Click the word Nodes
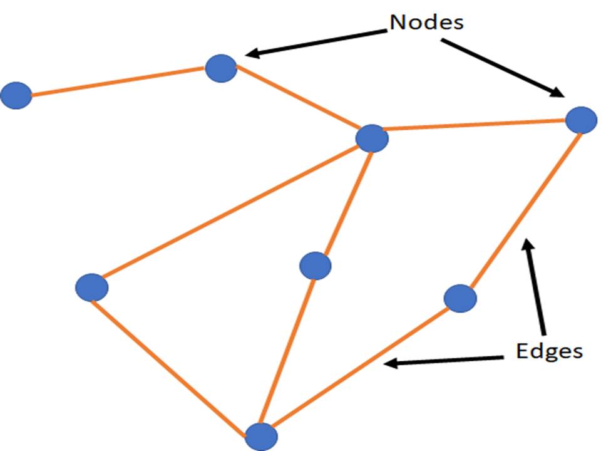click(x=426, y=23)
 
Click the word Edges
click(x=549, y=351)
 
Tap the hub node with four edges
click(x=371, y=138)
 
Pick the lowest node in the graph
click(x=260, y=435)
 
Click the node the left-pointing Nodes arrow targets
click(x=221, y=68)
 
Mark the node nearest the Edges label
click(x=460, y=298)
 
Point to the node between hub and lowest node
click(x=315, y=266)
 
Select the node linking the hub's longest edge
click(x=91, y=288)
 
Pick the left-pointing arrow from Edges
click(x=444, y=360)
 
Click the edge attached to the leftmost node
click(x=118, y=82)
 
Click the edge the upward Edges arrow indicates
click(x=521, y=208)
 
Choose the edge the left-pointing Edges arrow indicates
click(x=361, y=366)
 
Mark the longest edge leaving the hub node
click(x=232, y=213)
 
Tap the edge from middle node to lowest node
click(x=288, y=351)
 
